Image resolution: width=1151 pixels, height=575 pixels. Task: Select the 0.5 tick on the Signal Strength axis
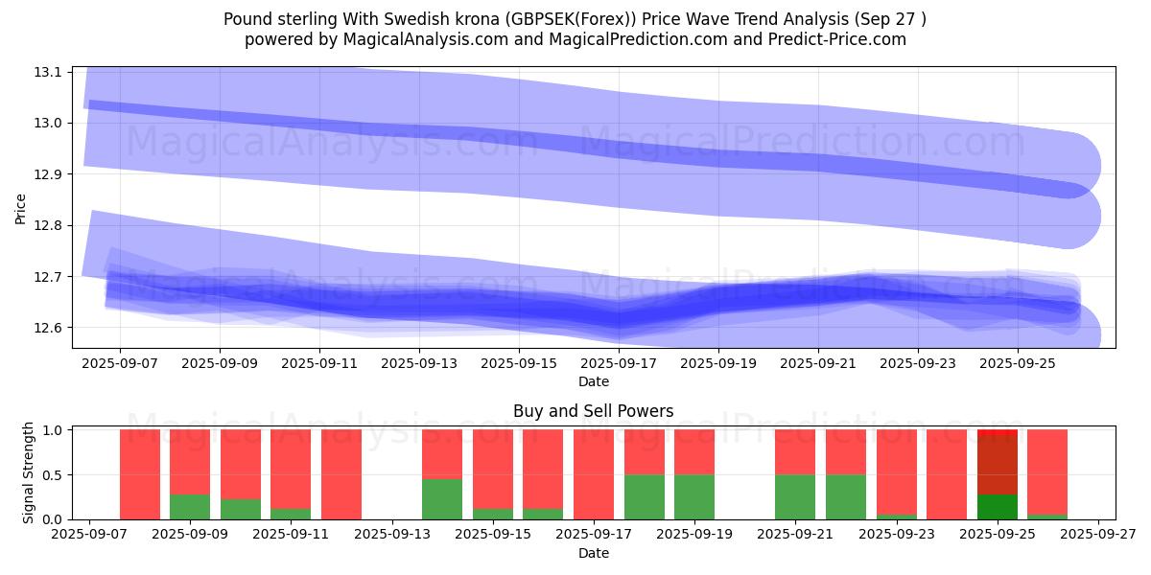click(53, 474)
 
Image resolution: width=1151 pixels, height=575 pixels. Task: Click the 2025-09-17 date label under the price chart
click(619, 364)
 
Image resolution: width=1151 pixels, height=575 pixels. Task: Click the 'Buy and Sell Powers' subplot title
click(593, 411)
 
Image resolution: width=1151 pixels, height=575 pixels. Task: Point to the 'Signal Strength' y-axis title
click(29, 471)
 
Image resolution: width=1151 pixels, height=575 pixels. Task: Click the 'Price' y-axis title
click(21, 208)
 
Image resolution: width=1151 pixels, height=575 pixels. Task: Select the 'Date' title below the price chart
click(593, 381)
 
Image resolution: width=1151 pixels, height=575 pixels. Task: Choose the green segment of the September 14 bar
click(442, 499)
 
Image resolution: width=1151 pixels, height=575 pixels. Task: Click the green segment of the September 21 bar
click(795, 496)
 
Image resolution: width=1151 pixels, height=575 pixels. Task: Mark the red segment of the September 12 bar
click(341, 474)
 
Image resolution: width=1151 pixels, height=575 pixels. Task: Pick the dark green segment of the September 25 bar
click(998, 507)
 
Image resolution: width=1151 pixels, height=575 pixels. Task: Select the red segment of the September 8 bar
click(140, 474)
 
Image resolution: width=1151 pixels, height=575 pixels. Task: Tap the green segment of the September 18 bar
click(645, 496)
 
